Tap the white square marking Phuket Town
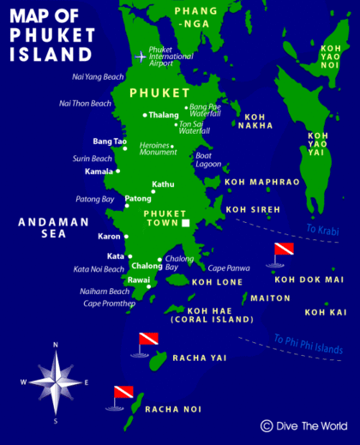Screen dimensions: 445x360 pos(184,224)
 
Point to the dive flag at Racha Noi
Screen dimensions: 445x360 pos(124,394)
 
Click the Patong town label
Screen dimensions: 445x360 pos(138,199)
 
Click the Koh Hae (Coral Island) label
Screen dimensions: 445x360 pos(213,314)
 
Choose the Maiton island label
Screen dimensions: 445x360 pos(270,298)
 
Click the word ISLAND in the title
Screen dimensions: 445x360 pos(51,54)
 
